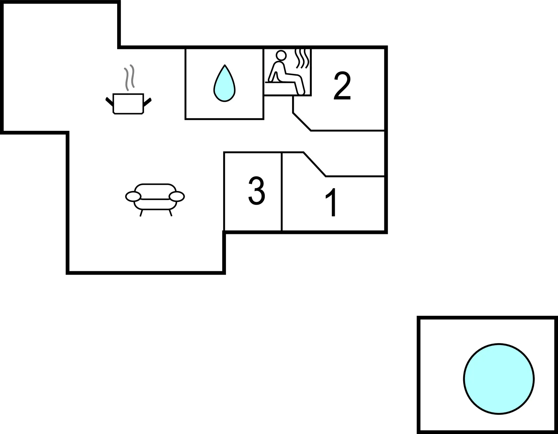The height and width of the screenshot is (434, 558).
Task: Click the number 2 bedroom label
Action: tap(342, 86)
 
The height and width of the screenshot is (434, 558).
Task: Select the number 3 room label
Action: tap(257, 191)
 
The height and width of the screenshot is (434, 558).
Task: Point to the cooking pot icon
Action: tap(128, 104)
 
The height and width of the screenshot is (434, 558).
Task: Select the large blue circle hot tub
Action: tap(499, 379)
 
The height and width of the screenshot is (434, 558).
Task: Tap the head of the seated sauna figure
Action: tap(281, 55)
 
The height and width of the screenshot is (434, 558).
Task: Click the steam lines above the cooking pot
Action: tap(129, 78)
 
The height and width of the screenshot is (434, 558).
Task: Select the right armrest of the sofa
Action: tap(177, 196)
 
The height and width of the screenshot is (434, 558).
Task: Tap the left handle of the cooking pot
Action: tap(109, 101)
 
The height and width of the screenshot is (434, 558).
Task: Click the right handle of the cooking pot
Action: tap(147, 102)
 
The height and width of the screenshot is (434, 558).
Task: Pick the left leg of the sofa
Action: tap(141, 213)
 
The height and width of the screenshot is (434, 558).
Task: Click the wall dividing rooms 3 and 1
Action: tap(282, 191)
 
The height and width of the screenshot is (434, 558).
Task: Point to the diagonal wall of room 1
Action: tap(315, 164)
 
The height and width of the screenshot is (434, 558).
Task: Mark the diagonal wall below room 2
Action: tap(302, 122)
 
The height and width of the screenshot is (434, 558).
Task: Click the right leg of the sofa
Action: tap(170, 213)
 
